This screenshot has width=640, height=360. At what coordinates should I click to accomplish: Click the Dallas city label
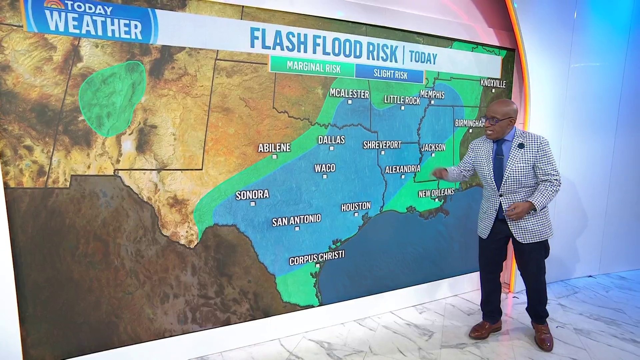[x=331, y=140]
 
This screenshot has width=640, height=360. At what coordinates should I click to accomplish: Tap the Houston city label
[x=356, y=207]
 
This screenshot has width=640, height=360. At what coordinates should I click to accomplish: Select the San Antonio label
[x=296, y=220]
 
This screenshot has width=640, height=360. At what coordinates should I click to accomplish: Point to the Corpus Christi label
[x=316, y=258]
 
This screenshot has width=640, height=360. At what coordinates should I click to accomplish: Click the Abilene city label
[x=274, y=148]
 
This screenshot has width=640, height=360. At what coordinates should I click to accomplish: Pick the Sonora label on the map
[x=252, y=195]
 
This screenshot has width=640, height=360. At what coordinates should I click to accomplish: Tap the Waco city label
[x=325, y=168]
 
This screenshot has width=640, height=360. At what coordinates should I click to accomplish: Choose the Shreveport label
[x=382, y=145]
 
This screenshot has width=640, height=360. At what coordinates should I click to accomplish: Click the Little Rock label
[x=402, y=100]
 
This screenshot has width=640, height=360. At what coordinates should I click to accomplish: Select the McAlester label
[x=349, y=94]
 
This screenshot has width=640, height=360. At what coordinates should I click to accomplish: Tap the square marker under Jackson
[x=433, y=155]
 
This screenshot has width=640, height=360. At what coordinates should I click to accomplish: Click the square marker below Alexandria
[x=403, y=177]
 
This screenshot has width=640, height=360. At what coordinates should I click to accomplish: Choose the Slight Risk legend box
[x=390, y=74]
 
